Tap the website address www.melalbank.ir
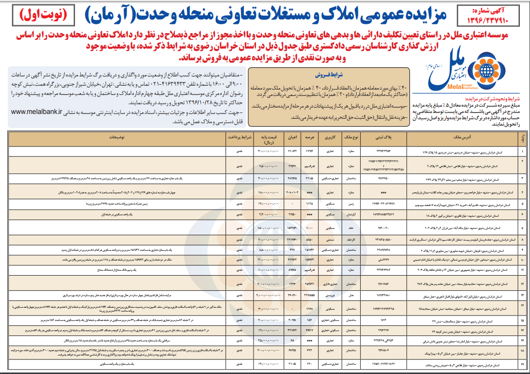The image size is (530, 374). (x=36, y=111)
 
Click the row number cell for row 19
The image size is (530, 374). (x=522, y=364)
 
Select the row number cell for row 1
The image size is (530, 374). (x=522, y=152)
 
